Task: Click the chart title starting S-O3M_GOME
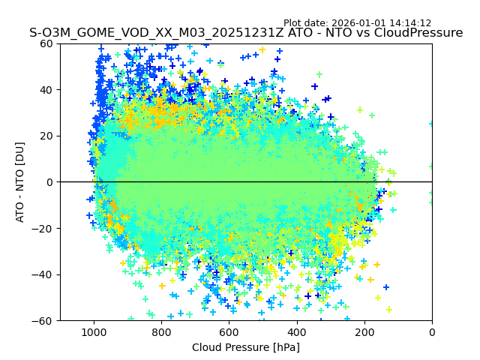[246, 33]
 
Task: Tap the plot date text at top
[357, 23]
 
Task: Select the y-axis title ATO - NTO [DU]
[20, 182]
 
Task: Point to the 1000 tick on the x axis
[94, 331]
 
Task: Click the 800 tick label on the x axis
[161, 331]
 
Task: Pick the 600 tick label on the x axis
[229, 331]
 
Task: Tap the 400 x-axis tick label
[297, 331]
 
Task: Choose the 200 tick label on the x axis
[364, 331]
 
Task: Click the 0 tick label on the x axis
[432, 331]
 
